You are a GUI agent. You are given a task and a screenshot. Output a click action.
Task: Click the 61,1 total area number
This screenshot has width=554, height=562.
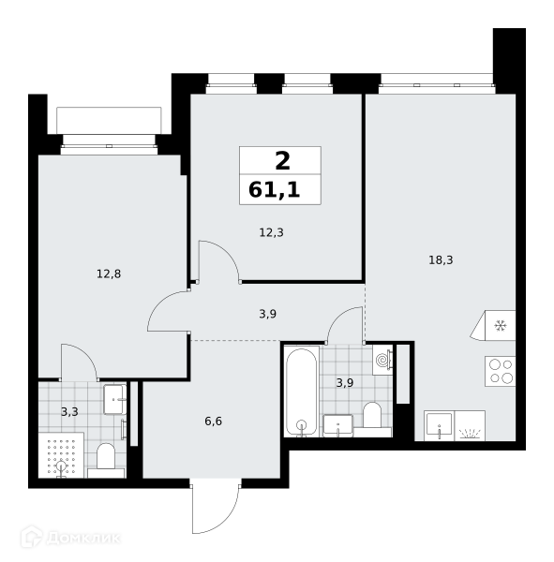pos(274,189)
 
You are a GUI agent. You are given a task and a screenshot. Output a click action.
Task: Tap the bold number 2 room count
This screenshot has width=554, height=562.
pos(282,161)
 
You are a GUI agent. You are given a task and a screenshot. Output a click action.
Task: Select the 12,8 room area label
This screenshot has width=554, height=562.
pos(109,274)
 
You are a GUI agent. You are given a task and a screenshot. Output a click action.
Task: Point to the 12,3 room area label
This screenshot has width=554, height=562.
pos(271,232)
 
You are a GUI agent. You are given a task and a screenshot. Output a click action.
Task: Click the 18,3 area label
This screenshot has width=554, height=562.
pos(441,259)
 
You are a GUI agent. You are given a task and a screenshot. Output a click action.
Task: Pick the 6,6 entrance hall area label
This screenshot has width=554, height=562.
pos(213,421)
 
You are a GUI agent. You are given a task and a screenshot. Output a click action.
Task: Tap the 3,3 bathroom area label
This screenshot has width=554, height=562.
pos(69,412)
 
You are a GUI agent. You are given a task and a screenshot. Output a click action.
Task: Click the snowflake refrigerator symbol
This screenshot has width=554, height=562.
pos(500,326)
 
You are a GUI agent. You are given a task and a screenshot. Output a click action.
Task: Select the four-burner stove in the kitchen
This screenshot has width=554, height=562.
pos(501,371)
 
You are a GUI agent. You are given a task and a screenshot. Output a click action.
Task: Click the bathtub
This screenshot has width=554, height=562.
pos(302,391)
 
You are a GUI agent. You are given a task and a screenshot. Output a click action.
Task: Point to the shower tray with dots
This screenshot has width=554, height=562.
pos(61,455)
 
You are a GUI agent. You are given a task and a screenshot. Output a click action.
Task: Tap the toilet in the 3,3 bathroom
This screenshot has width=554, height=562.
pos(106,461)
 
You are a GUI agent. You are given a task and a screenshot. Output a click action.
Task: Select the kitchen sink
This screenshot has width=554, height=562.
pos(440,425)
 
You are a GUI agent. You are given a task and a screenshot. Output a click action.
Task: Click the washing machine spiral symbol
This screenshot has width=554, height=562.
pos(382,360)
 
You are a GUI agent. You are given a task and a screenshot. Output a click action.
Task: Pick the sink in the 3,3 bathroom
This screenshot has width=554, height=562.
pos(114,399)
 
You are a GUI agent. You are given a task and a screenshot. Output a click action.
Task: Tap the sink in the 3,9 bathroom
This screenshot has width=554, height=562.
pos(337,425)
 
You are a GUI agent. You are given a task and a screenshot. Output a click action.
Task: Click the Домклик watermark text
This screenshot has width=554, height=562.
pos(83,538)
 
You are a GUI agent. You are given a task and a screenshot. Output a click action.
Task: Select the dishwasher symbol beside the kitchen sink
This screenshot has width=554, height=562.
pos(470,425)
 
